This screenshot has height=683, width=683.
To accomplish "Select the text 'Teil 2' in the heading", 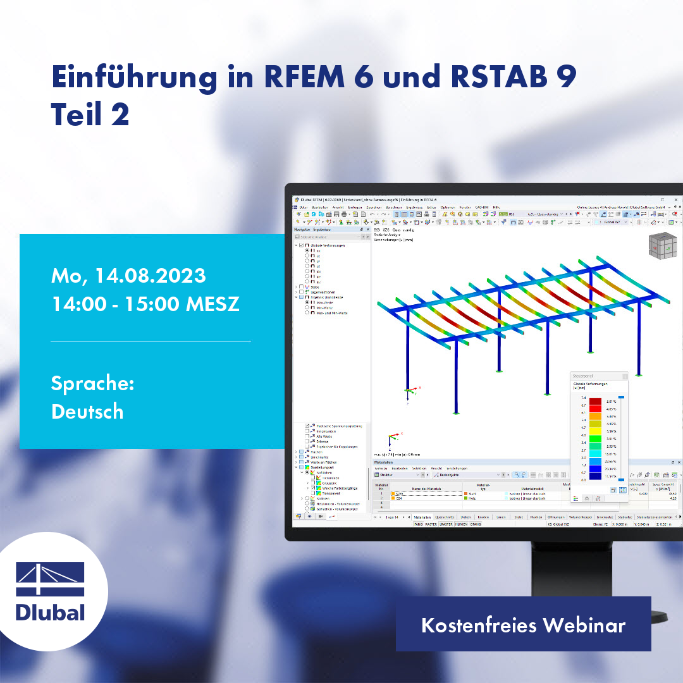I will [x=90, y=114].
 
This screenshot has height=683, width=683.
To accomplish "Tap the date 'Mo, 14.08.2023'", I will [x=128, y=276].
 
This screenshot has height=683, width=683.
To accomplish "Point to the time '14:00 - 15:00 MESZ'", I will [x=145, y=304].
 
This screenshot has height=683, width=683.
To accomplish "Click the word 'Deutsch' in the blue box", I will [x=87, y=412].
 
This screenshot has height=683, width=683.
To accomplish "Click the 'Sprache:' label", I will [x=92, y=384].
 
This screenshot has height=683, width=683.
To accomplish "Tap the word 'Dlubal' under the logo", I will [x=50, y=612].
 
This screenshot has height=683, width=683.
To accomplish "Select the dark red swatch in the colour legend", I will [x=595, y=402].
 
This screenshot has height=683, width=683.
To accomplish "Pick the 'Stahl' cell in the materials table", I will [x=472, y=493].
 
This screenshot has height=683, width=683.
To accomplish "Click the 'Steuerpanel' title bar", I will [x=598, y=376].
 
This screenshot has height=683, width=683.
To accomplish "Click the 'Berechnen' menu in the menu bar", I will [x=394, y=207].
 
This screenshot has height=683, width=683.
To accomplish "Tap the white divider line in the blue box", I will [x=151, y=341].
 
